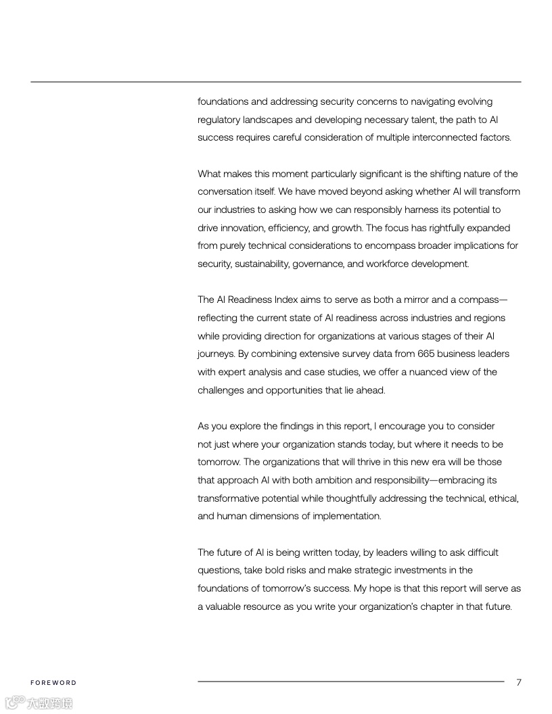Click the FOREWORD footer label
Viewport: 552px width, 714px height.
53,683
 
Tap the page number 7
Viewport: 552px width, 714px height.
519,682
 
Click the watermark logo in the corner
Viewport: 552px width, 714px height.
39,703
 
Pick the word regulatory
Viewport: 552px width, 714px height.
220,120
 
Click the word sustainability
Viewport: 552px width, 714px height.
262,264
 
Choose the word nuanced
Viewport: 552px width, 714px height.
438,372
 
